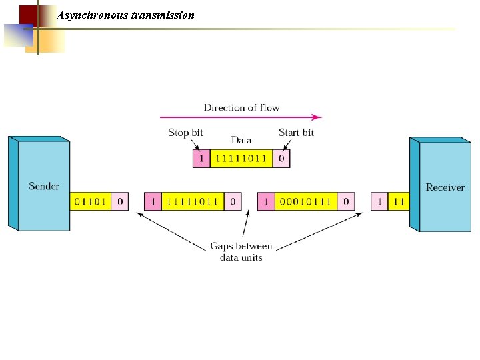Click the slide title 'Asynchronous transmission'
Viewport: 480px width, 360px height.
click(126, 15)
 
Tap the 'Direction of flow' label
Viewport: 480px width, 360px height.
click(241, 107)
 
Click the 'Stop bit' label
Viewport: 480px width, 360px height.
click(185, 133)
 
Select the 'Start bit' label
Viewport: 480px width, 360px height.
click(296, 133)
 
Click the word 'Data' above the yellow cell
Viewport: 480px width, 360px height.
click(241, 140)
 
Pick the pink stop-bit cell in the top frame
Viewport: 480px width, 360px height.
click(201, 159)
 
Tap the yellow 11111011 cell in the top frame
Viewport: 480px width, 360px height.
click(241, 159)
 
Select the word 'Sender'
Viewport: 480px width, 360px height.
click(44, 186)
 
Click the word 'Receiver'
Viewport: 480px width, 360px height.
click(445, 187)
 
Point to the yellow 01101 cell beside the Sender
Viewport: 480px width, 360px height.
click(90, 201)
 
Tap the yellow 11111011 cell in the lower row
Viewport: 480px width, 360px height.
click(193, 201)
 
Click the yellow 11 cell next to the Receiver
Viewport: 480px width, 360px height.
click(399, 201)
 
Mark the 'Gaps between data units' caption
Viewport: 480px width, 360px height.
click(241, 252)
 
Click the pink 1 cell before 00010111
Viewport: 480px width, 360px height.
click(266, 201)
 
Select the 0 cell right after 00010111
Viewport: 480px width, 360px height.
click(345, 201)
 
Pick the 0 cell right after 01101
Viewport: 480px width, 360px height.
click(119, 201)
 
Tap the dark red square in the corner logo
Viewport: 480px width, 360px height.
click(28, 15)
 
